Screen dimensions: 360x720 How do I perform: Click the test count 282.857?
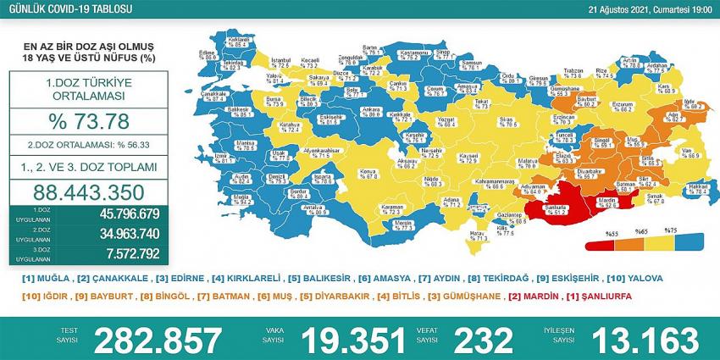tap(157, 339)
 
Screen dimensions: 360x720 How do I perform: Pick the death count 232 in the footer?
tap(481, 339)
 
